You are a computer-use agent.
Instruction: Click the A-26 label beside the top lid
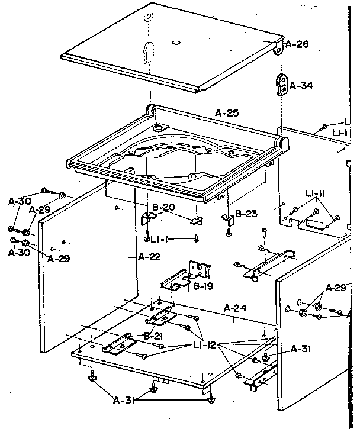(297, 44)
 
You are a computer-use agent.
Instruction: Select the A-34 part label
(300, 86)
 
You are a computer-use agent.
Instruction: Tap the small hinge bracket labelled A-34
(281, 85)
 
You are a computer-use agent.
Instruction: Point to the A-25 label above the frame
(227, 112)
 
